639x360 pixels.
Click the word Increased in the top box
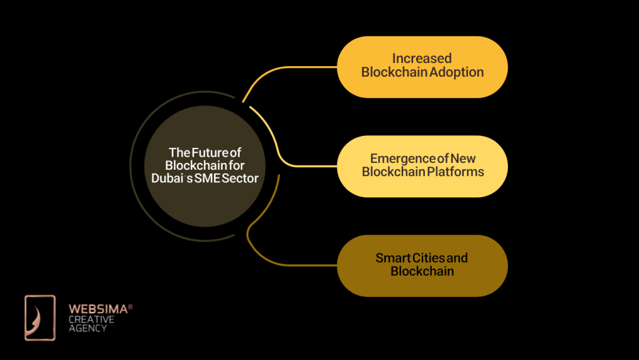422,59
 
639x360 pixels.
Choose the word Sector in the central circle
241,178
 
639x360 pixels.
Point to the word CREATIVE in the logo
91,319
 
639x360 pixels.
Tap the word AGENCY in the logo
87,329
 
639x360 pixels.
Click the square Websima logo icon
40,318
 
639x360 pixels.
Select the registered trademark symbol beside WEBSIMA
130,306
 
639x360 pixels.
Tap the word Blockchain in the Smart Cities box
422,271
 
